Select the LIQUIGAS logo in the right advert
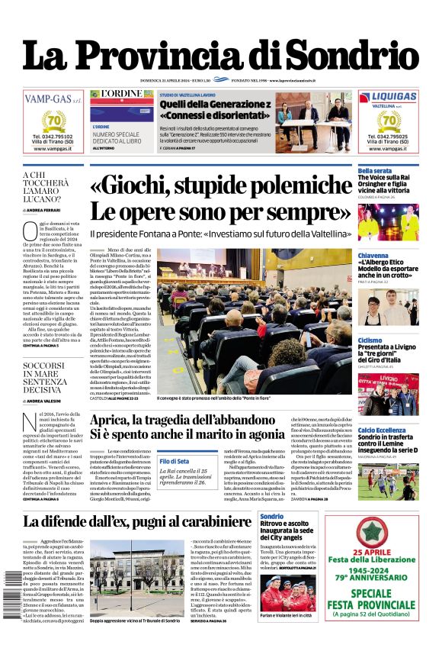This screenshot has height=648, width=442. [x=388, y=98]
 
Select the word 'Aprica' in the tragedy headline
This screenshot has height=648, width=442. [x=118, y=421]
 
